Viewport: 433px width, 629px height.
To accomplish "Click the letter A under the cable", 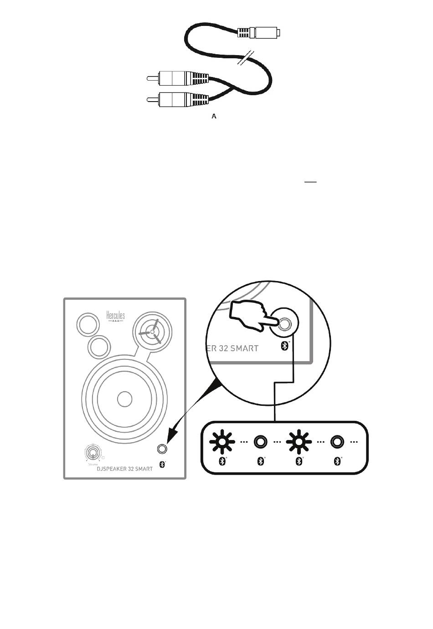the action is pos(214,117).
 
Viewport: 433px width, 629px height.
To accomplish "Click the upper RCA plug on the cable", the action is pos(178,78).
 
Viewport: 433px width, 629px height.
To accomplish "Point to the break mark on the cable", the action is pos(247,58).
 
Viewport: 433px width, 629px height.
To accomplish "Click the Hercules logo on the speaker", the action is pos(115,316).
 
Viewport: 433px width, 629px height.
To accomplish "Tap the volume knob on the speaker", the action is pos(93,453).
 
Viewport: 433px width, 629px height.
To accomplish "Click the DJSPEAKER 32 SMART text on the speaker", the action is pos(124,469).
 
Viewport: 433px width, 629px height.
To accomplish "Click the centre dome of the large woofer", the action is pos(124,399).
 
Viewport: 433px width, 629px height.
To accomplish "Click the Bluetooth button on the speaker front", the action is pos(162,449).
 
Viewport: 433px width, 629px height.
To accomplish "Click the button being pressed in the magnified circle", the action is pos(285,324).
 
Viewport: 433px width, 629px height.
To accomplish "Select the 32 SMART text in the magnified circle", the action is pos(237,348).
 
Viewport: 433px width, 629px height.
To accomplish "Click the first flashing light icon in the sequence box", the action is pos(222,441).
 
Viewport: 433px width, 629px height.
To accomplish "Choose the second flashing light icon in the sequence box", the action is pos(299,441).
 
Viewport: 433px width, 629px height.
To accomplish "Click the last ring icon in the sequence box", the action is pos(337,441).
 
